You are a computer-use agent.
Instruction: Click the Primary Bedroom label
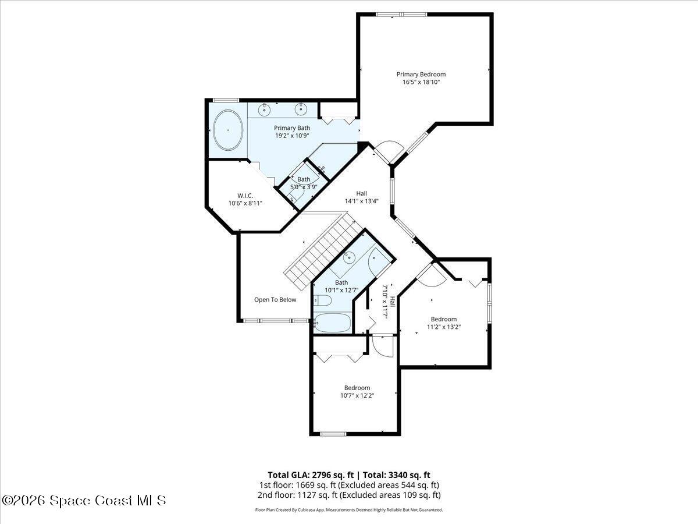421,75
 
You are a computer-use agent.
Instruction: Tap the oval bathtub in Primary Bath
227,130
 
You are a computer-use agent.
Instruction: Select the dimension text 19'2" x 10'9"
292,136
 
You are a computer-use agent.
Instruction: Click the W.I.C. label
244,196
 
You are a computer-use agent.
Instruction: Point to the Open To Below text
275,300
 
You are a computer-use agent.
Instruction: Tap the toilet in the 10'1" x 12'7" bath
322,300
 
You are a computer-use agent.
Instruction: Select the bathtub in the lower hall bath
332,321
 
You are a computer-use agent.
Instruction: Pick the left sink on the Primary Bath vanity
265,108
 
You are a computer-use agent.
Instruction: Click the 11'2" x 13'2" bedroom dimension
444,327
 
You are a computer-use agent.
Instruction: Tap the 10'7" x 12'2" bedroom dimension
357,395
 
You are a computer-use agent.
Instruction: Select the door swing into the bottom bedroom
382,346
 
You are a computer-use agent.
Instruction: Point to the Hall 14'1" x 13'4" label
362,197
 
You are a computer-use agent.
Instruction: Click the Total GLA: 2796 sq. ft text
310,475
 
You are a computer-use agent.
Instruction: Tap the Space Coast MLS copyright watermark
84,500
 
